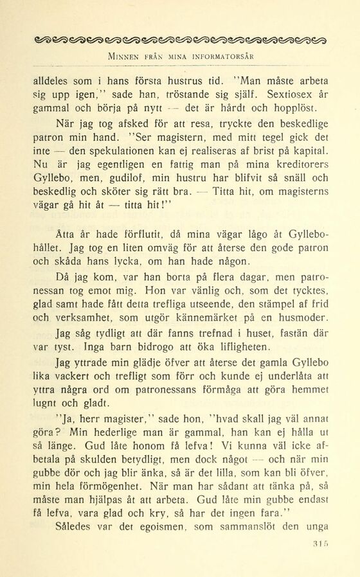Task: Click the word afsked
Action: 113,123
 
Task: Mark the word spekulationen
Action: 114,152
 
